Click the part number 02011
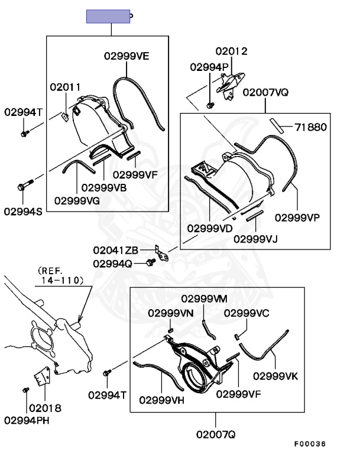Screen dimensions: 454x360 [65, 87]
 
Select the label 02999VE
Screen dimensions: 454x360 [127, 56]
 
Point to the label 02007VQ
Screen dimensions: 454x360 [265, 92]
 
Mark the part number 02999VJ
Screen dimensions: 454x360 [255, 239]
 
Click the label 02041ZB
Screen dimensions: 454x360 [115, 251]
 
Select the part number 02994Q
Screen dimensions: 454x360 [112, 263]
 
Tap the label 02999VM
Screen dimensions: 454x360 [204, 298]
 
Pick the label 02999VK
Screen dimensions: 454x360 [275, 375]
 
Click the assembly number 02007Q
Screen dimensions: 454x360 [216, 435]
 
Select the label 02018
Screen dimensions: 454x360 [45, 408]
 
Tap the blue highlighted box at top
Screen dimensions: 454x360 [108, 16]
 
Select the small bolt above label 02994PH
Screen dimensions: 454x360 [25, 390]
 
